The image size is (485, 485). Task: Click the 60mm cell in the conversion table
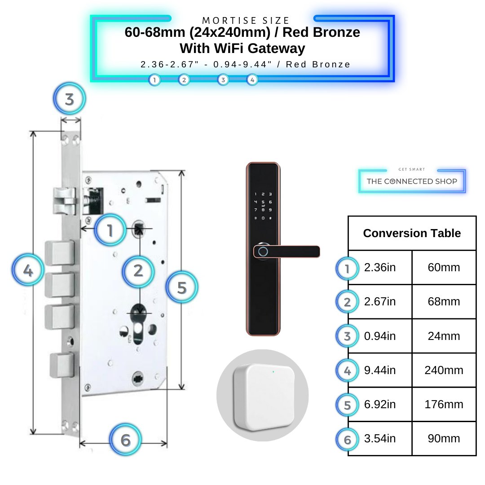point(444,267)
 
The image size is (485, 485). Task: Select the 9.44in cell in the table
point(380,370)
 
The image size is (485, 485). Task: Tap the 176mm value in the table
point(444,404)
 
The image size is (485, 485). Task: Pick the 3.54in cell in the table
point(380,438)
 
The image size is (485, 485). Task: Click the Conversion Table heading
point(412,233)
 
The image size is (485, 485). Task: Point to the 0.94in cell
point(380,336)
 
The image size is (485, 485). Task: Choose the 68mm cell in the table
point(444,301)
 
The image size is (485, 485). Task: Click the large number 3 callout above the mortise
point(70,99)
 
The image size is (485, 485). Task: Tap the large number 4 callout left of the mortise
point(28,270)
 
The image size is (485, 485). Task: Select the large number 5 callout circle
point(182,287)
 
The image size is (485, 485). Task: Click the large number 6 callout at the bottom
point(126,440)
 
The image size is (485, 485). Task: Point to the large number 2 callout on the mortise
point(138,271)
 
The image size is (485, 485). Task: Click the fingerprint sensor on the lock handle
point(263,251)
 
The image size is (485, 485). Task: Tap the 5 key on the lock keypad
point(263,202)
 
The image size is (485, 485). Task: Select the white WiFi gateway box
point(264,397)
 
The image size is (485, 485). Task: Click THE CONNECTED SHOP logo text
point(412,181)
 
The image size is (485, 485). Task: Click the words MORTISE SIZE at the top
point(246,20)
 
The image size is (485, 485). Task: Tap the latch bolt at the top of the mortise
point(64,201)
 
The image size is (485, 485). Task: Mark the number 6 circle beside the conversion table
point(347,440)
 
